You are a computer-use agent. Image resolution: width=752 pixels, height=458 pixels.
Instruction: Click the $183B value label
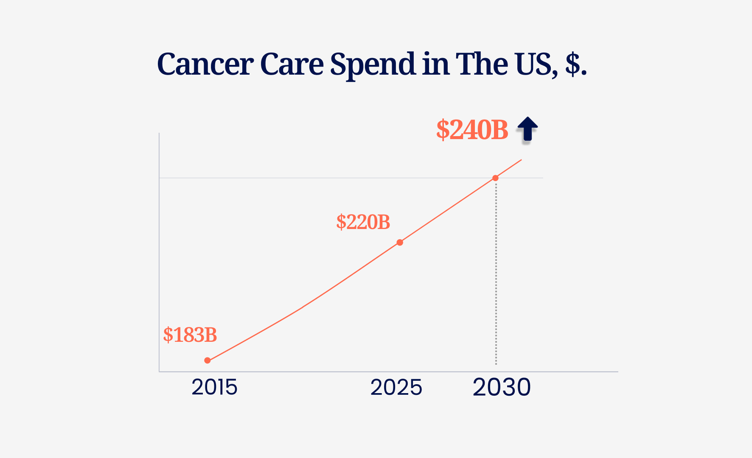pos(190,335)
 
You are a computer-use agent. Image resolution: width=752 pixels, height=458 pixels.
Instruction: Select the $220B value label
pos(363,222)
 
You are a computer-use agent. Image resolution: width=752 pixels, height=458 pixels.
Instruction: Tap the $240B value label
pos(472,130)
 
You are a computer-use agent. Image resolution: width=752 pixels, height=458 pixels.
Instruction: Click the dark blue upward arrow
pos(528,128)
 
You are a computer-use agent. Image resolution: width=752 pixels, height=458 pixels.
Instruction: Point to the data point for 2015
pos(208,360)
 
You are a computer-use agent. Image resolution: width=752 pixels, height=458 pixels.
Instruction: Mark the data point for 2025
pos(400,243)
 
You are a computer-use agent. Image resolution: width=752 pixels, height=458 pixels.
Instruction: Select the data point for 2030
pos(495,178)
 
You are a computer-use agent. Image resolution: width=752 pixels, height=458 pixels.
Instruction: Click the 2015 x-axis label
pos(214,387)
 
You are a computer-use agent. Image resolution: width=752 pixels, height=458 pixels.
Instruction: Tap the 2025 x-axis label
pos(396,387)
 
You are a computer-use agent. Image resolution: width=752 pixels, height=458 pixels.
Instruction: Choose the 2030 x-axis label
pos(502,387)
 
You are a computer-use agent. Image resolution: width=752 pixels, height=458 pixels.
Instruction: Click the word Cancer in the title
pos(205,64)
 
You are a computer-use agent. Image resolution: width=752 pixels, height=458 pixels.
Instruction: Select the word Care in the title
pos(292,64)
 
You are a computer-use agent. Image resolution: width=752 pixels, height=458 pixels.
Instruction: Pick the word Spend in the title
pos(373,64)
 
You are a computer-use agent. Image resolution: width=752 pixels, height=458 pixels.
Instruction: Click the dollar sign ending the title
pos(573,64)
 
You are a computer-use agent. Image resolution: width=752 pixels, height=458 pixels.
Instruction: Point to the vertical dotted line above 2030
pos(496,276)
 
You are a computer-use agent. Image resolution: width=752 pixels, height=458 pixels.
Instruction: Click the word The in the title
pos(481,64)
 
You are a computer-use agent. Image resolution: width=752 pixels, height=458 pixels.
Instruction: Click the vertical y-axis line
pos(159,254)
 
